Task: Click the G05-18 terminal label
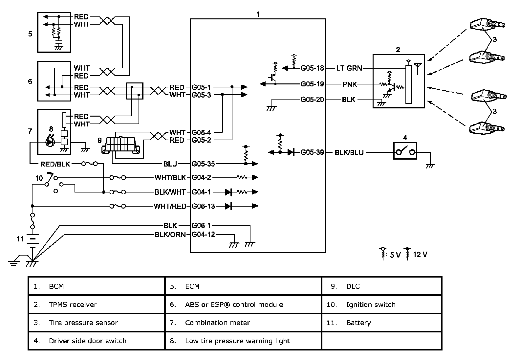click(312, 68)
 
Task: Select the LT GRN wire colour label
click(349, 68)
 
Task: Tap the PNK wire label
click(350, 84)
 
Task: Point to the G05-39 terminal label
click(312, 152)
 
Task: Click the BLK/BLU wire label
click(349, 152)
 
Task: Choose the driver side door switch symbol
click(405, 151)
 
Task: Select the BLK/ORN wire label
click(170, 235)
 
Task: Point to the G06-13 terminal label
click(203, 206)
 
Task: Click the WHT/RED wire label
click(170, 206)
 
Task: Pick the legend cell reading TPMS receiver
click(73, 304)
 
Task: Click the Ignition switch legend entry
click(370, 304)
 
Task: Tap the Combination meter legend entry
click(217, 323)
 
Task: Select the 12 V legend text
click(420, 255)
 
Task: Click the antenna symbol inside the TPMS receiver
click(418, 67)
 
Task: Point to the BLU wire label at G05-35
click(170, 164)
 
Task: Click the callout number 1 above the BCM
click(258, 14)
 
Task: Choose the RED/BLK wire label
click(55, 164)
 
